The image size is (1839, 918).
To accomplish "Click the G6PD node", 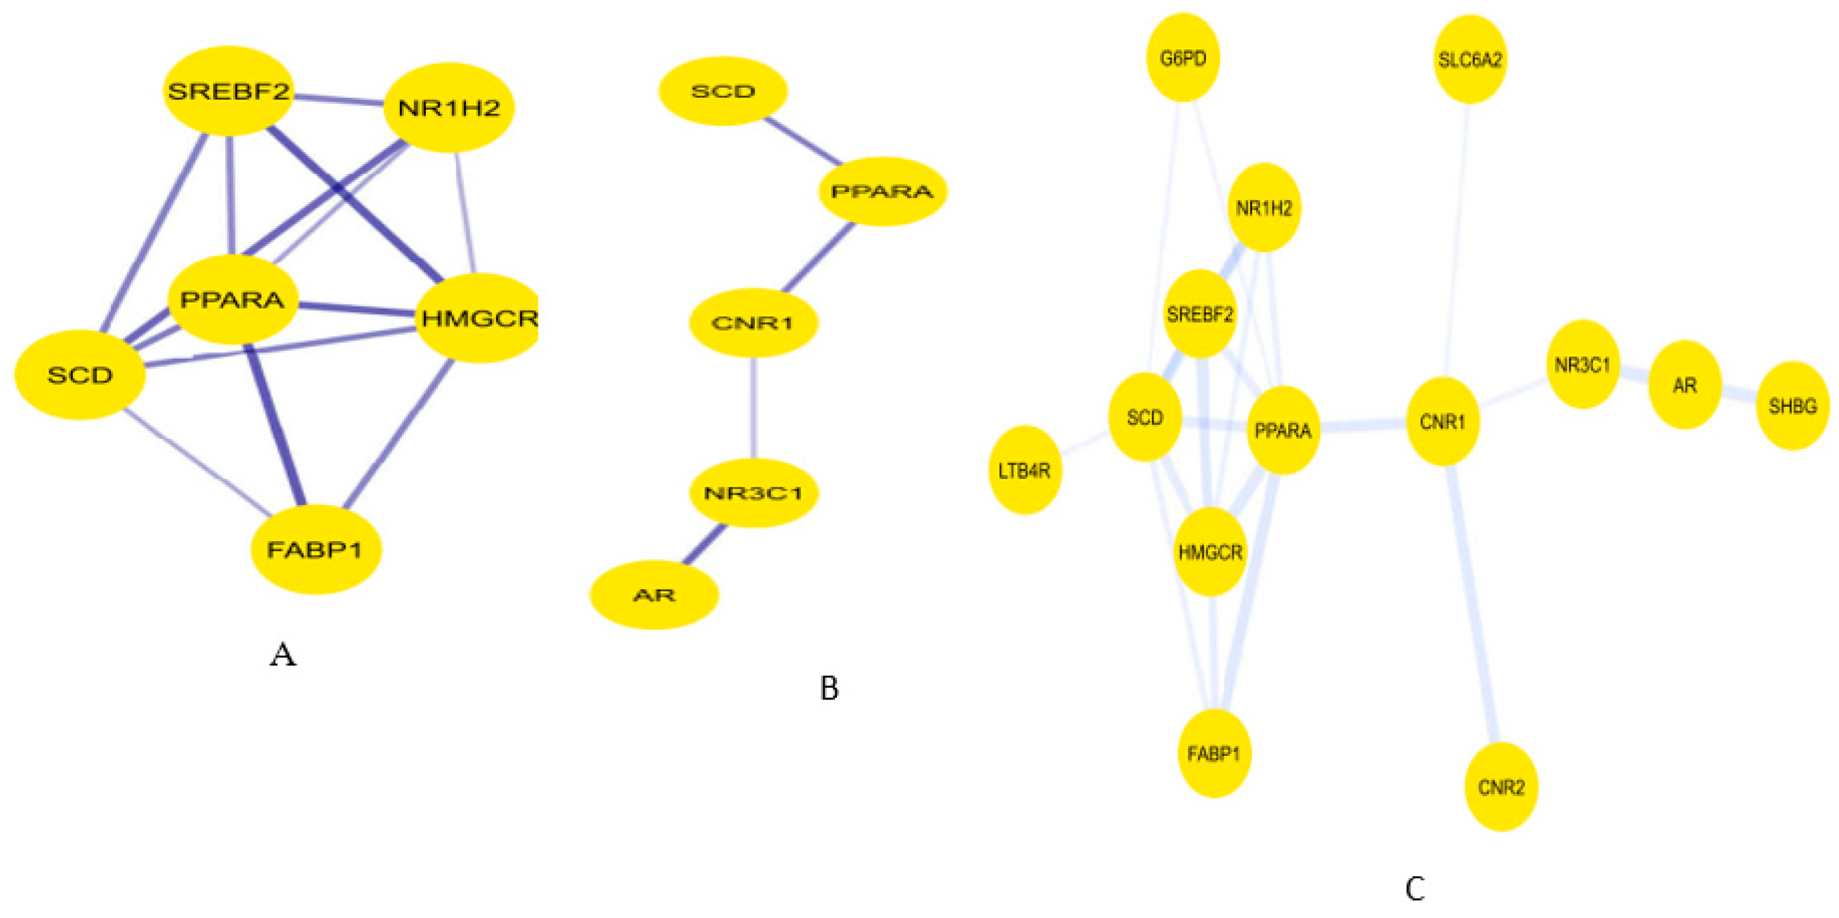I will click(1183, 58).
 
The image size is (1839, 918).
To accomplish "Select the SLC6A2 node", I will click(1470, 59).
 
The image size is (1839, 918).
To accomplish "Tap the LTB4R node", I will click(1024, 470).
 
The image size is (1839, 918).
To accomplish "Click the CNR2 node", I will click(1501, 787).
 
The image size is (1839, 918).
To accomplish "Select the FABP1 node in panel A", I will click(315, 550).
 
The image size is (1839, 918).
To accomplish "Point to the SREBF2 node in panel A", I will click(228, 91).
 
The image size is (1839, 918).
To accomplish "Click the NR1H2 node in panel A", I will click(449, 108).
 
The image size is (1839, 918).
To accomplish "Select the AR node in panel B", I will click(654, 594).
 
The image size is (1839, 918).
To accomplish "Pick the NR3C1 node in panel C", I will click(1583, 364).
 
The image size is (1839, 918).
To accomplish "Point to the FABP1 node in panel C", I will click(1213, 753).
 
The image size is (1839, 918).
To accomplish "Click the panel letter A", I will click(283, 654).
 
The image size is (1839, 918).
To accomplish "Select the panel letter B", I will click(829, 688).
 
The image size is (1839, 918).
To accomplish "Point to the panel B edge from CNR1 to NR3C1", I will click(754, 407).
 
